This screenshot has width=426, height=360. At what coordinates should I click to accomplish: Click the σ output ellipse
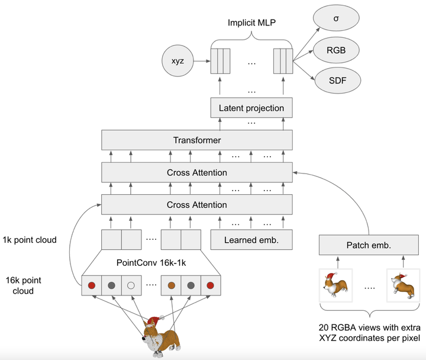tap(336, 18)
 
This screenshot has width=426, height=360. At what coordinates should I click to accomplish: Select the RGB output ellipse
tap(336, 50)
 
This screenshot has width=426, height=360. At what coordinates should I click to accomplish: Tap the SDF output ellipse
tap(337, 81)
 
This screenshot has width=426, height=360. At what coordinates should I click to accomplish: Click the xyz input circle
tap(177, 60)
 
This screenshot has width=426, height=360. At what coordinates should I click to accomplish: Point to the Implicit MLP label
tap(251, 22)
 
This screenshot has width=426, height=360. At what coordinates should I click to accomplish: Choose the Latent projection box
tap(251, 108)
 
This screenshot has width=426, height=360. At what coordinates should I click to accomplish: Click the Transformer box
tap(197, 140)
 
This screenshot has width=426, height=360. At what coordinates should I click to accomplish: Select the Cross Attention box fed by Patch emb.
tap(197, 172)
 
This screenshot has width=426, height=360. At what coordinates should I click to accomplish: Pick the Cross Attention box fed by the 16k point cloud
tap(197, 204)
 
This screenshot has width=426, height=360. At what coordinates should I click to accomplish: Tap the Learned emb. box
tap(251, 240)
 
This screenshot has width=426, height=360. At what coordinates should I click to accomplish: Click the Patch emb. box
tap(369, 245)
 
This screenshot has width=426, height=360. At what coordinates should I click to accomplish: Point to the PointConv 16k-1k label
tap(151, 263)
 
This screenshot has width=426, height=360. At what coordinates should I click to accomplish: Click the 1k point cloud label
tap(30, 240)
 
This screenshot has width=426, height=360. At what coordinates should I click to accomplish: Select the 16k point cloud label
tap(23, 285)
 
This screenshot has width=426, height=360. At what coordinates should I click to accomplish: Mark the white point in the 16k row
tap(131, 285)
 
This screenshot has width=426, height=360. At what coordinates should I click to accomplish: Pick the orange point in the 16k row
tap(171, 285)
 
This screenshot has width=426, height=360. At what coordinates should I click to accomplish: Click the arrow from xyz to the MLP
tap(202, 61)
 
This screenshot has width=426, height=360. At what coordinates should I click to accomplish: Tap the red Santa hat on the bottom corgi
tap(154, 320)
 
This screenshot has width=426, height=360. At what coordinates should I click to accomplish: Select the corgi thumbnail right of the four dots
tap(403, 285)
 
